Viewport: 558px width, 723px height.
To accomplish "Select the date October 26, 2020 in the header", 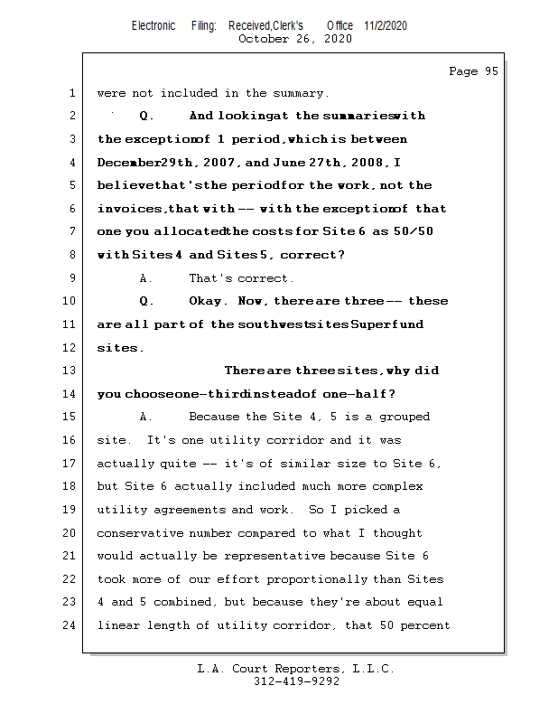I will point(295,39).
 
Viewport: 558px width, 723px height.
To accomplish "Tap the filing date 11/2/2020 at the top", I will point(386,26).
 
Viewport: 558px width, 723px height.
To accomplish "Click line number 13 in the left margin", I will point(72,371).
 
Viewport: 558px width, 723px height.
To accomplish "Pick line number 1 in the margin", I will point(72,93).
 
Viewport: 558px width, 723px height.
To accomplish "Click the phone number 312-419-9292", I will point(296,682).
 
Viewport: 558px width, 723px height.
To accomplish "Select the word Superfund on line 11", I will point(390,324).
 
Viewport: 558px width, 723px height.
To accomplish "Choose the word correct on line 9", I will point(263,278).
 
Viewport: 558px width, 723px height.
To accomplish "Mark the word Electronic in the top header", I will point(153,26).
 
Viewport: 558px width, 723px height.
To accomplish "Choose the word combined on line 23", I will point(207,602).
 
